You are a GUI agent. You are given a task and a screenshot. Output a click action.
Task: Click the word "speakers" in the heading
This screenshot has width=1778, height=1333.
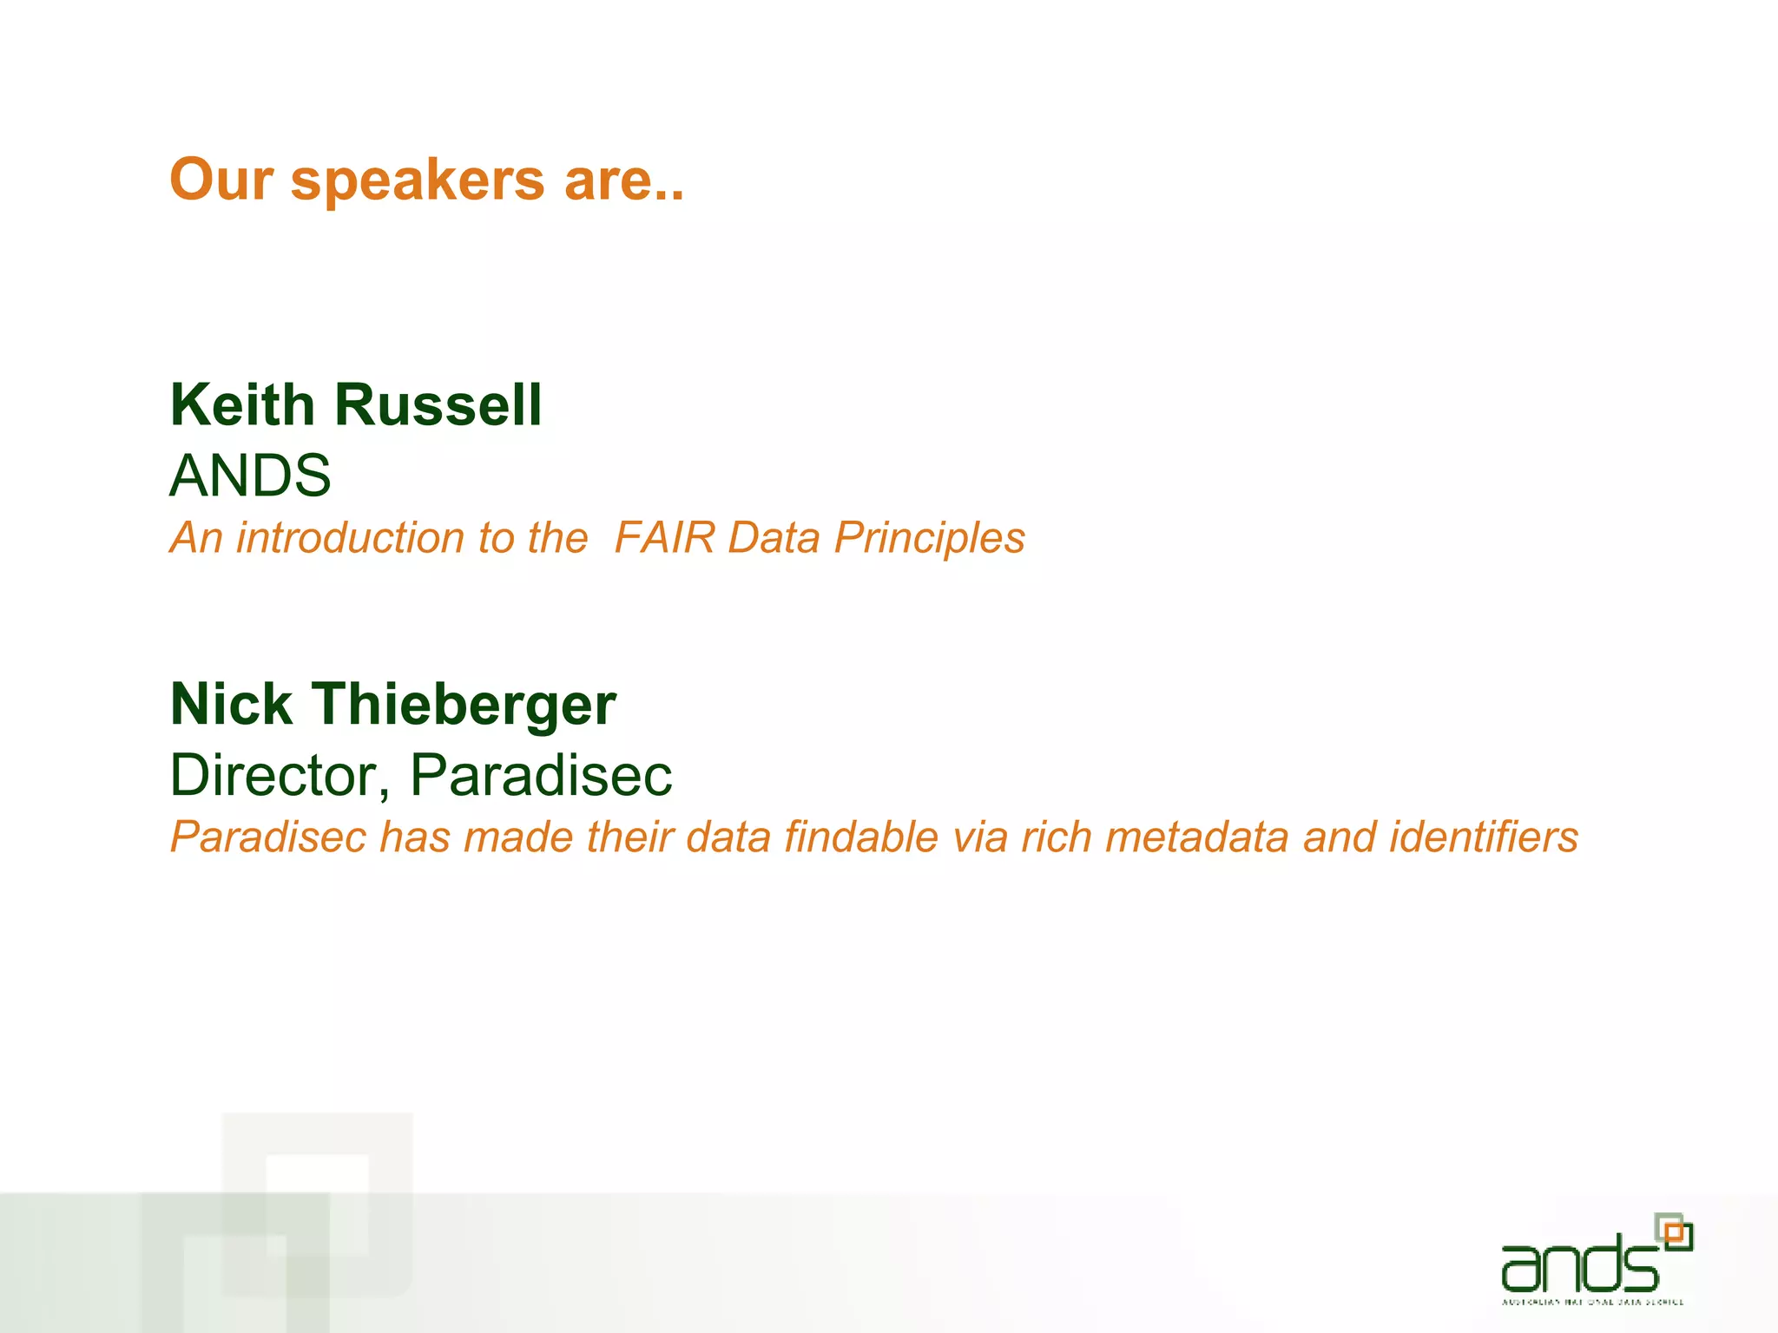click(418, 181)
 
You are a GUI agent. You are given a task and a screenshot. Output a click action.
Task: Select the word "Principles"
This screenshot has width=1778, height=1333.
click(929, 538)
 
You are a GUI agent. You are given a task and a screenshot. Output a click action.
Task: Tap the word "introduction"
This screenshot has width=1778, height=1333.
click(355, 537)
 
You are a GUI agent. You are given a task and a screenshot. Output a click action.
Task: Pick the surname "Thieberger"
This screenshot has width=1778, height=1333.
click(464, 704)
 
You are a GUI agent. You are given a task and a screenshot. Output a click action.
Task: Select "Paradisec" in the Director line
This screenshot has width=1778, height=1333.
click(541, 774)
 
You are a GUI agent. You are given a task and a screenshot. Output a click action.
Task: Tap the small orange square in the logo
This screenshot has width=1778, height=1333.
click(1675, 1232)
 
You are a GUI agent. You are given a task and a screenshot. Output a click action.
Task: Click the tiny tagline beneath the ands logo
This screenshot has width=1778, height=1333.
click(1593, 1302)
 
